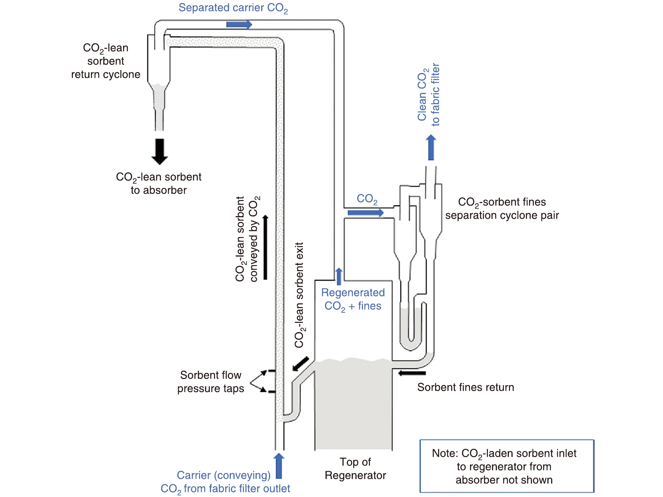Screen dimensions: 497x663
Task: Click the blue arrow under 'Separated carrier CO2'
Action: click(x=239, y=25)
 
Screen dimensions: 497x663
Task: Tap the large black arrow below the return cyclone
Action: click(x=159, y=151)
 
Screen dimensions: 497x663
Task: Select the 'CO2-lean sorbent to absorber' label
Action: click(x=159, y=184)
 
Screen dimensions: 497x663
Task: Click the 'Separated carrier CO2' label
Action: click(x=233, y=8)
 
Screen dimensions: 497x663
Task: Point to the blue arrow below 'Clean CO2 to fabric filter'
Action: click(x=431, y=148)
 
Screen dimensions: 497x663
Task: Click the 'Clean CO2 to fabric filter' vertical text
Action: click(x=429, y=94)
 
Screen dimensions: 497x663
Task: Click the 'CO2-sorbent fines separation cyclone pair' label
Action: click(x=502, y=209)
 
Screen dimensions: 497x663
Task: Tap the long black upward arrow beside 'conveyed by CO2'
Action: click(x=265, y=247)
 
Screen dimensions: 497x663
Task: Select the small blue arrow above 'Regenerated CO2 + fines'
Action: click(x=339, y=276)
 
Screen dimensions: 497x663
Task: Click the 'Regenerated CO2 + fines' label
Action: click(x=353, y=299)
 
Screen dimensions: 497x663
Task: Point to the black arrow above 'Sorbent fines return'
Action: click(x=412, y=373)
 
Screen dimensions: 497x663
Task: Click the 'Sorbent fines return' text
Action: click(x=465, y=387)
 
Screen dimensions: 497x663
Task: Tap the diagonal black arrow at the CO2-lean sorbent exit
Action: click(x=301, y=364)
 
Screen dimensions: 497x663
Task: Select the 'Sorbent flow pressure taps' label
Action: click(x=211, y=382)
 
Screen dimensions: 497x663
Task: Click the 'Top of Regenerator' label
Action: click(x=355, y=469)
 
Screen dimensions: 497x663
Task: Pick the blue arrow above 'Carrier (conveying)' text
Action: click(x=279, y=466)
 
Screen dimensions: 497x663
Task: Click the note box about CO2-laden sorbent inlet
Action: click(x=507, y=466)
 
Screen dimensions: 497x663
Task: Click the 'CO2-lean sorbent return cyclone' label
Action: click(x=106, y=61)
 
